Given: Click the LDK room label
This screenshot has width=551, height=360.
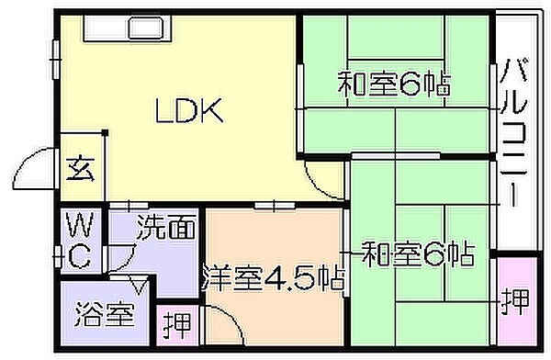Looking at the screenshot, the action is point(189,110).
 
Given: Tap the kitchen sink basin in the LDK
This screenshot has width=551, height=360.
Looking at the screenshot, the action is point(145,28).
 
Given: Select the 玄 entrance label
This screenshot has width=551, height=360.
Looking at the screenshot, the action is point(81,168).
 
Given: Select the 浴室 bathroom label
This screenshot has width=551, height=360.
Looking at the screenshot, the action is point(105,314).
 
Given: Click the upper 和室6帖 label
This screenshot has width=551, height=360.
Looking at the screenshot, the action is point(394,84).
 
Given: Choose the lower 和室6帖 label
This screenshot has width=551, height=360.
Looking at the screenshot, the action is point(419,253).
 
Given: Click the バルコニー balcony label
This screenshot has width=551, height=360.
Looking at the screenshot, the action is point(513,132).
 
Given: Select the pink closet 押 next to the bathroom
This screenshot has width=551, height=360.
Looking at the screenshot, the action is point(177,325).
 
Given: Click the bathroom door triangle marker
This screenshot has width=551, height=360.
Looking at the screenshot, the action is point(140,285).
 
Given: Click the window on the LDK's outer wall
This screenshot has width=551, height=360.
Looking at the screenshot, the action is point(55,60).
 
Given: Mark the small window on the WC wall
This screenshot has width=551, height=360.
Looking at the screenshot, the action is point(57,257).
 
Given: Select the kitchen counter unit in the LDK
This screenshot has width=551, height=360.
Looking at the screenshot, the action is point(128,28).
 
